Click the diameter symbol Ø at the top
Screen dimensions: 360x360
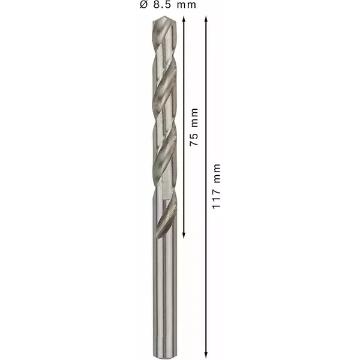pyautogui.click(x=143, y=5)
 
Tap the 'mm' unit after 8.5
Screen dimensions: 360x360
pyautogui.click(x=187, y=5)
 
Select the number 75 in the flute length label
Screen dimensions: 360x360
pyautogui.click(x=194, y=139)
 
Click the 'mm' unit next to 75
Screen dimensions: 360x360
pyautogui.click(x=194, y=118)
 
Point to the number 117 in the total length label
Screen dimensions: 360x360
pyautogui.click(x=216, y=199)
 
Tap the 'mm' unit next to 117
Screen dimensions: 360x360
pyautogui.click(x=217, y=173)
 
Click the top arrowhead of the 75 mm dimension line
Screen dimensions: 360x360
pyautogui.click(x=184, y=19)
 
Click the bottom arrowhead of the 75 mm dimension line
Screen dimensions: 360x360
pyautogui.click(x=184, y=235)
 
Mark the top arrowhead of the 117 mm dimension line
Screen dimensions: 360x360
pyautogui.click(x=206, y=19)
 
